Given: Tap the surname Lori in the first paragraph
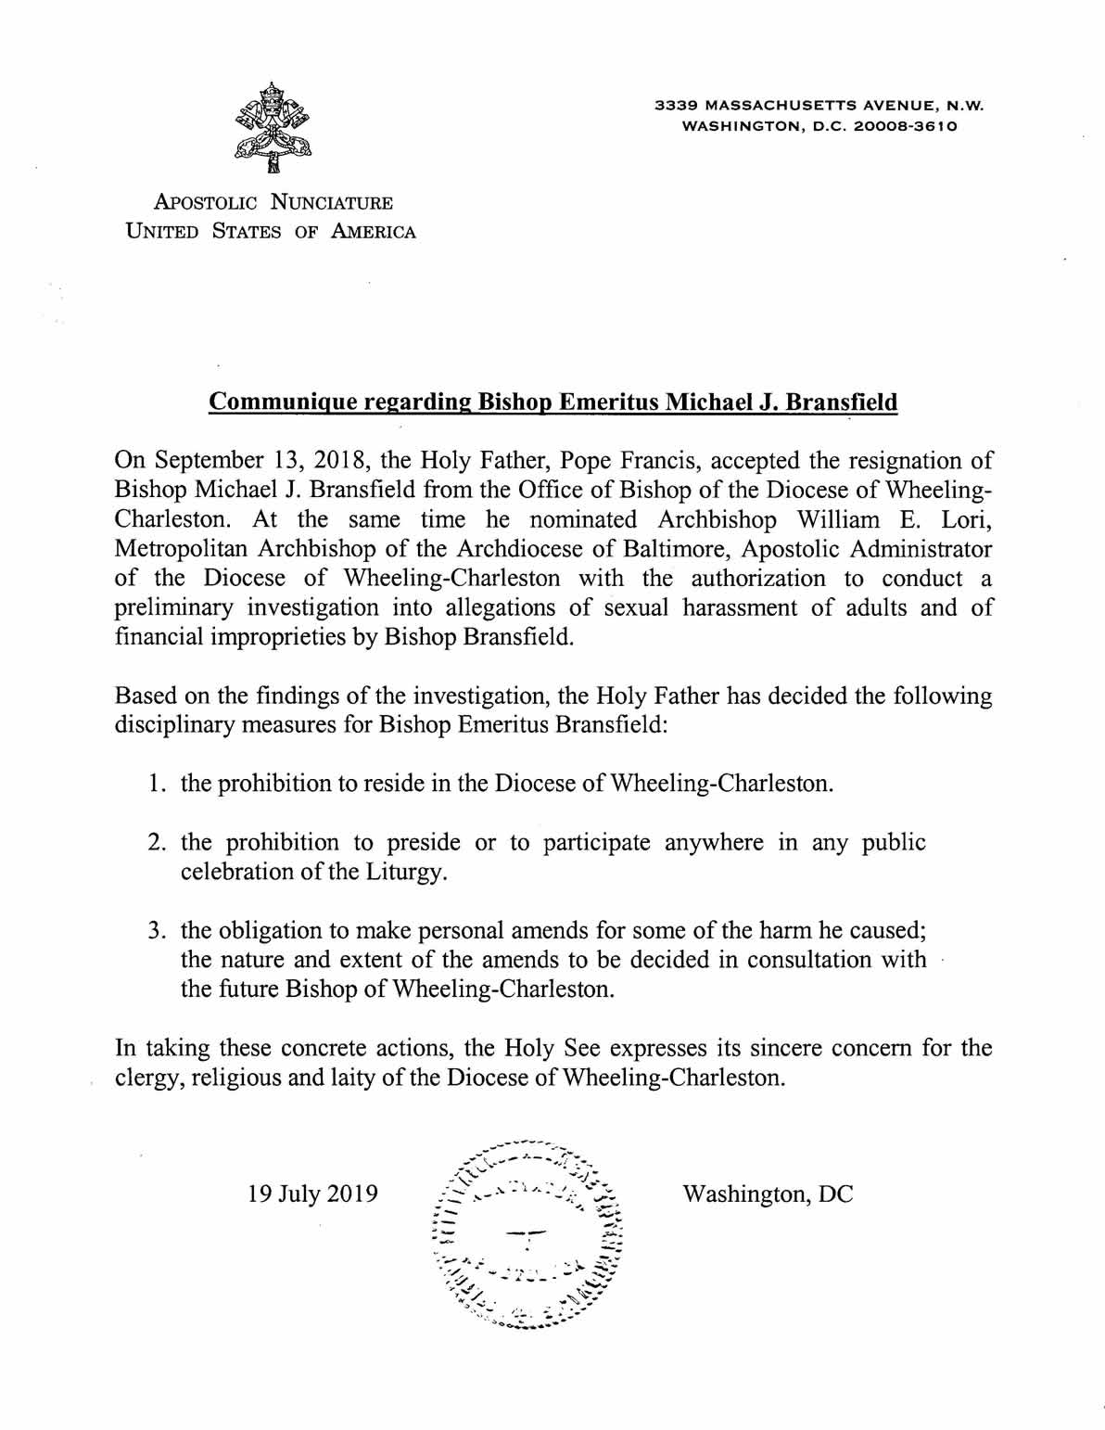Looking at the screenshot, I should (971, 518).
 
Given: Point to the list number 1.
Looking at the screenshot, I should (154, 784).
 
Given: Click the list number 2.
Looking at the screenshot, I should (155, 843).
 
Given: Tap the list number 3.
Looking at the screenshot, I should (155, 930).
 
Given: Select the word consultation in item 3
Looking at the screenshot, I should (799, 959).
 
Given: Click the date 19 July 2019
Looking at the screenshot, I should (313, 1193).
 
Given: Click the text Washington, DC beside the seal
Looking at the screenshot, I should (768, 1193).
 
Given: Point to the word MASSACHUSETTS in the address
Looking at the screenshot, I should (761, 106).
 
